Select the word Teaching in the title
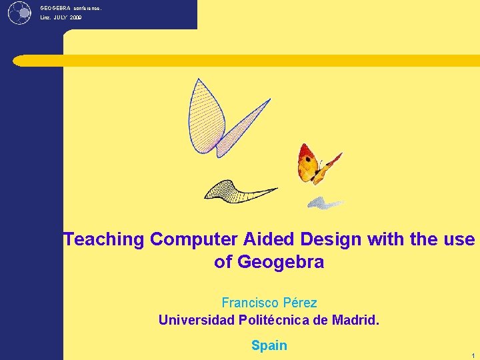103,239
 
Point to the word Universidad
197,320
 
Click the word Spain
269,345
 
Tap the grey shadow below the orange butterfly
325,203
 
